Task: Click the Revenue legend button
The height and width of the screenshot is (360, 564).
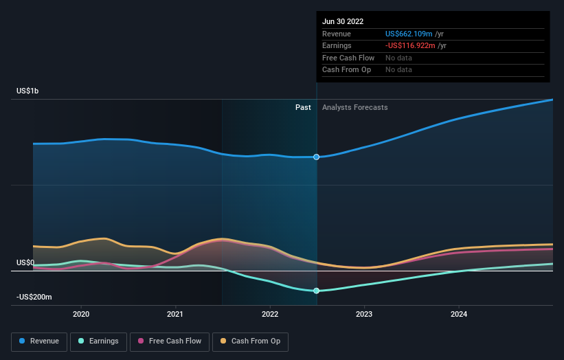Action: click(x=39, y=341)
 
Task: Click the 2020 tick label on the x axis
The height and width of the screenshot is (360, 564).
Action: click(x=81, y=314)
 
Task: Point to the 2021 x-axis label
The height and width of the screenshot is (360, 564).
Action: click(x=175, y=314)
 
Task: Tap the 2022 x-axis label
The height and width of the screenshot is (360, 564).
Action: click(x=270, y=314)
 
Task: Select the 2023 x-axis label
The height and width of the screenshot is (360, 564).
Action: click(x=364, y=314)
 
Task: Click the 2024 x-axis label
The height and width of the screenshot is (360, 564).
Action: click(x=459, y=314)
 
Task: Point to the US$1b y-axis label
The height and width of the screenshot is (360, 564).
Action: click(x=29, y=91)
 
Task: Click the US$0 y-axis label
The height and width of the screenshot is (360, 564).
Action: click(x=25, y=262)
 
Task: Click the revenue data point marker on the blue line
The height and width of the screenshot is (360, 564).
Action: click(x=317, y=157)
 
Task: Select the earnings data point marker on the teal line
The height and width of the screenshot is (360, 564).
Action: click(x=317, y=291)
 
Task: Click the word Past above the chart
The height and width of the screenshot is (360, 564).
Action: click(x=303, y=108)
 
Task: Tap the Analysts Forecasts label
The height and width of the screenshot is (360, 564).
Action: click(x=354, y=108)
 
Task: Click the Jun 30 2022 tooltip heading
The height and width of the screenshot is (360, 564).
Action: click(x=345, y=21)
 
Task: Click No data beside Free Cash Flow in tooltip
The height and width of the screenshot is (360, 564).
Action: click(x=398, y=58)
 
